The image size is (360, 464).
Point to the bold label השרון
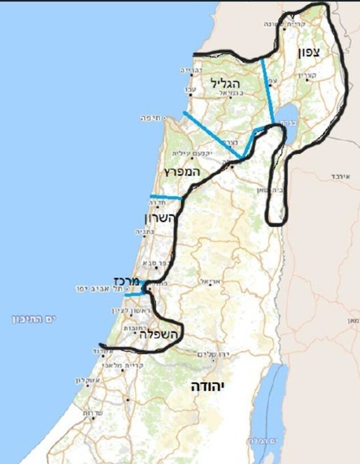pos(161,218)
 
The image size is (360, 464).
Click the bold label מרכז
pos(127,280)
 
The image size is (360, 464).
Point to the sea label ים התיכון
pos(35,319)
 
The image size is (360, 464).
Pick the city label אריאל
pos(208,281)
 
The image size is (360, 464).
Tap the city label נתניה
pos(141,231)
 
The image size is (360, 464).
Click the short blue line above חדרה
pos(165,197)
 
